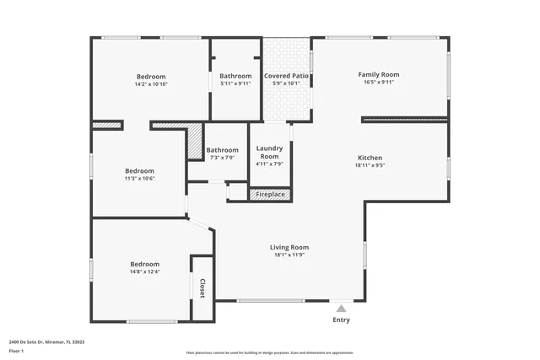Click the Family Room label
click(378, 74)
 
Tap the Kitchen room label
click(370, 158)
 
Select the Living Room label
click(289, 247)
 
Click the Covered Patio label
click(287, 76)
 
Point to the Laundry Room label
click(269, 152)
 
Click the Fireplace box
click(270, 195)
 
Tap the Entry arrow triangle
click(341, 309)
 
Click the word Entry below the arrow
click(341, 320)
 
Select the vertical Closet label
click(202, 288)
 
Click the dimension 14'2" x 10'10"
click(151, 84)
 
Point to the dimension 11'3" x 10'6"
click(139, 178)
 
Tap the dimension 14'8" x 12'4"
click(144, 271)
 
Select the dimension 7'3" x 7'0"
click(223, 158)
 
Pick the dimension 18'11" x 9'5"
click(370, 166)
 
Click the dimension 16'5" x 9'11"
click(378, 83)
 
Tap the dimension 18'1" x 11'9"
click(289, 255)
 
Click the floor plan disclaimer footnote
click(269, 352)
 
